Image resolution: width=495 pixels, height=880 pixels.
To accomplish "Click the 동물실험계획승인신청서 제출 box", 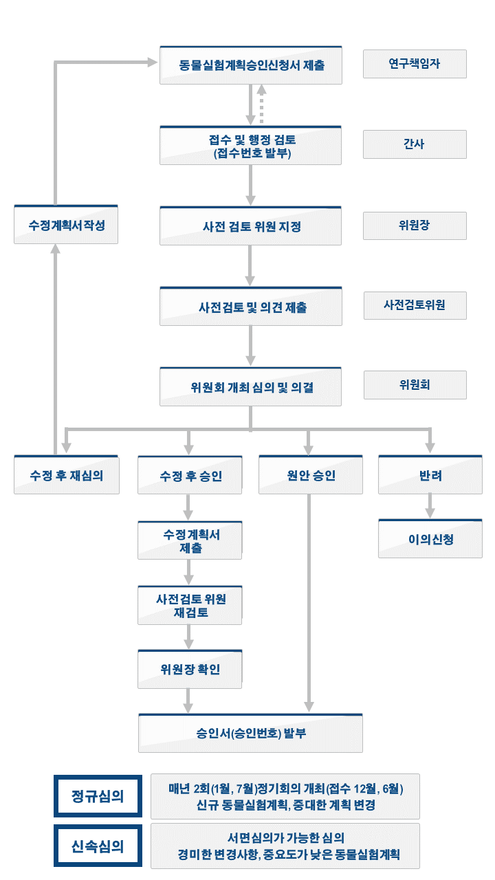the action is point(251,65).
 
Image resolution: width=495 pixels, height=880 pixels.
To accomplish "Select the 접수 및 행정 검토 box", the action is point(251,146).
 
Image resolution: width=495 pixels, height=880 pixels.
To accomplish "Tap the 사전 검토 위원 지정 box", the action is point(251,226).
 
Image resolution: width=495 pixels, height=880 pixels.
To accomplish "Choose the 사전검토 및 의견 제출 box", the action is point(251,307).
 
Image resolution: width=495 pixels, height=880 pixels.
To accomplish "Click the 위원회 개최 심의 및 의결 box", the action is point(251,387).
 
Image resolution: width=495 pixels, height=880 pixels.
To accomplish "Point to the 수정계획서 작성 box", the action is point(66,225).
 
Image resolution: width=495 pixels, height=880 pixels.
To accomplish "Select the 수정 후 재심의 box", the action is point(67,475).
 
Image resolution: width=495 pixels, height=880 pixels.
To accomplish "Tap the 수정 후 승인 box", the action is point(190,475).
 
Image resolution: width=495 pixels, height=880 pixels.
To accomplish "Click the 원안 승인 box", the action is point(311,475).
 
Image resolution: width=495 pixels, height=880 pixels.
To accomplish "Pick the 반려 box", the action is point(430,475).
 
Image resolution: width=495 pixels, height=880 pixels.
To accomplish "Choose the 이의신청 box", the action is point(430,539).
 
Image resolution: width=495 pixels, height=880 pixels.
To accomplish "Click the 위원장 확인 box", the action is point(190,670).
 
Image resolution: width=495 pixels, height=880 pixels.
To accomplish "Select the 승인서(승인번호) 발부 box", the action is point(251,734).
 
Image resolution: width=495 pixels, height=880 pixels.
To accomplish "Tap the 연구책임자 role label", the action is point(415,64).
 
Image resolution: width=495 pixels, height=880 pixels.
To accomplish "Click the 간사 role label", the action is point(415,144).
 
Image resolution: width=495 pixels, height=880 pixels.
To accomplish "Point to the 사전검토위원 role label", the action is point(415,306).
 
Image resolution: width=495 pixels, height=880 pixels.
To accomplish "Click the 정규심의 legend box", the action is point(98,796).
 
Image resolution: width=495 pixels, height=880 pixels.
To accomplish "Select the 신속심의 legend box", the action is point(98,846).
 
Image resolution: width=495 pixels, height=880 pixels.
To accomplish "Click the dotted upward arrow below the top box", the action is point(262,104).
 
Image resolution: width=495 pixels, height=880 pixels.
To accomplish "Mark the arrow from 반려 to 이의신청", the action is point(430,507).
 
